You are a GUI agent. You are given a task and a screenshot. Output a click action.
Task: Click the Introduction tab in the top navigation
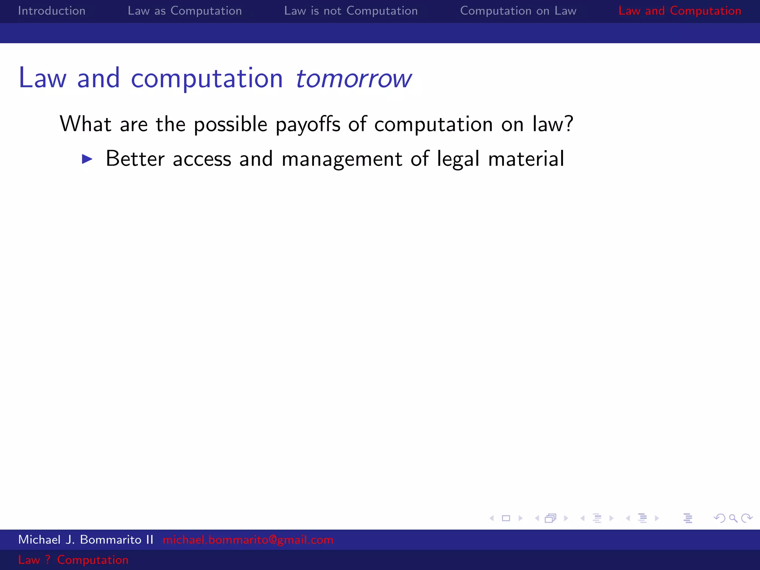52,11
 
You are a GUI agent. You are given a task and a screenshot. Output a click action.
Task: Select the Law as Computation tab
184,11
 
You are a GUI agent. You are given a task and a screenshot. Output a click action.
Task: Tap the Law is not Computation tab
351,11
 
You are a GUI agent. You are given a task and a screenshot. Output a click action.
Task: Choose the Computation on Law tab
518,11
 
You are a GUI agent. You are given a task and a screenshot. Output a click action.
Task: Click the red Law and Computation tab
679,11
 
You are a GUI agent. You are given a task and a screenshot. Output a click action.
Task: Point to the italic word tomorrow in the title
353,79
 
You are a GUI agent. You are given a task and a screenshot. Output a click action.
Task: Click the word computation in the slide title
207,79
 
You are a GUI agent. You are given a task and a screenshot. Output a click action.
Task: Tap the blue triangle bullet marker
87,159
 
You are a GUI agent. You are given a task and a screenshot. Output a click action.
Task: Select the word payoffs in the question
308,124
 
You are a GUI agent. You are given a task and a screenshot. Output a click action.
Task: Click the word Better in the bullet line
135,159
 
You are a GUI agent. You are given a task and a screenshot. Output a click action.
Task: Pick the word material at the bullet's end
526,159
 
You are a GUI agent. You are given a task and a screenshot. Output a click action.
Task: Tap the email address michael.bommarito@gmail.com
248,540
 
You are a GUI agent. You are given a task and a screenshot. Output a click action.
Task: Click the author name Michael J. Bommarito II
86,540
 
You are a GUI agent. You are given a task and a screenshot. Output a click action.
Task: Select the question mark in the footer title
47,560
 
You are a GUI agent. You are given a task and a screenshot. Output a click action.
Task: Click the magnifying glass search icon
733,518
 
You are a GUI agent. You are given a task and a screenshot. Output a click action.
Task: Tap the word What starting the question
85,124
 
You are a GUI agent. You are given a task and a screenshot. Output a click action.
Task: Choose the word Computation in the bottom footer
92,560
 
